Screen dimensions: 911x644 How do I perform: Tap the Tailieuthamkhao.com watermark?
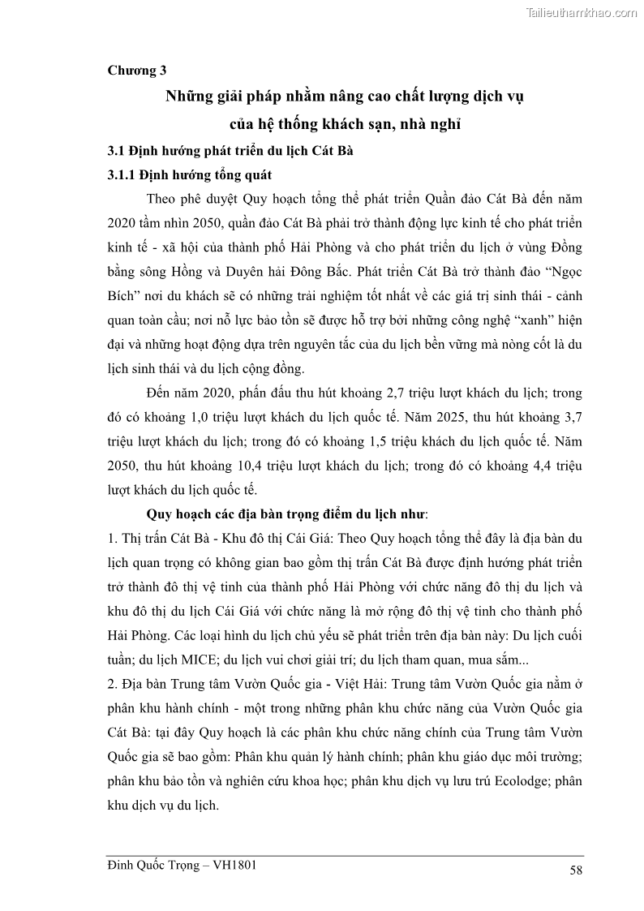click(582, 12)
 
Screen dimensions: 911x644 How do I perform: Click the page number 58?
click(576, 870)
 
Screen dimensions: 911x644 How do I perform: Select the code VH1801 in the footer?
click(235, 865)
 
